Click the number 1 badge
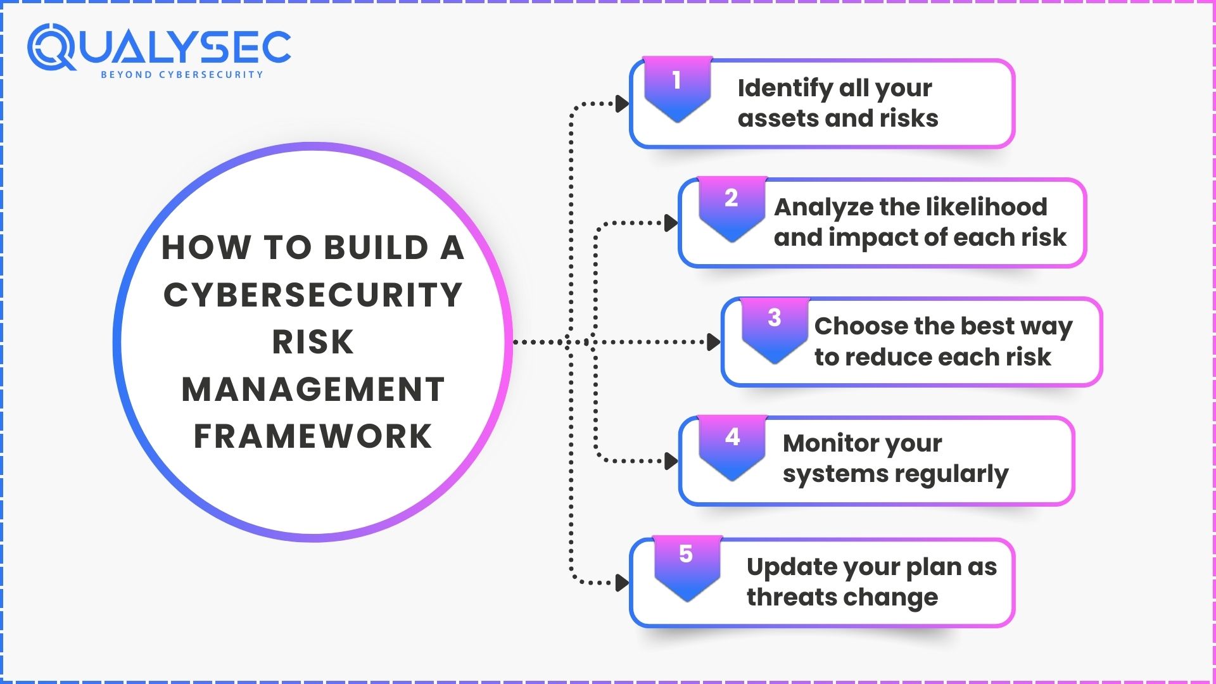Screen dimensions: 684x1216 (677, 87)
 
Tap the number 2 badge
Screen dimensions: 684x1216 (731, 206)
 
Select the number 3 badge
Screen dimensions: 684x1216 (775, 326)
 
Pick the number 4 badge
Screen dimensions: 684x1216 (732, 445)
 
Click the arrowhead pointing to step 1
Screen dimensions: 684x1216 (622, 104)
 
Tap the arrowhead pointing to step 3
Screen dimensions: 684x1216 (713, 342)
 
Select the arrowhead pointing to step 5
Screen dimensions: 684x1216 (622, 582)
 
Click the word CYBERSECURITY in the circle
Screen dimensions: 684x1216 (313, 295)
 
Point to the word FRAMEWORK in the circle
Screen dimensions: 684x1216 (313, 436)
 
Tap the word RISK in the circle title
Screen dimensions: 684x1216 (313, 343)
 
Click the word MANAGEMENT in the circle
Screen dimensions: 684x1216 (313, 389)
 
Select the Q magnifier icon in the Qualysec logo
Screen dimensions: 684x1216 (51, 48)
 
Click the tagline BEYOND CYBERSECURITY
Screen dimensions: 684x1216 (182, 75)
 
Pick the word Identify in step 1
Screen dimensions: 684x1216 (785, 88)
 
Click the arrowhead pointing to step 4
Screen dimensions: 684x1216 (671, 461)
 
